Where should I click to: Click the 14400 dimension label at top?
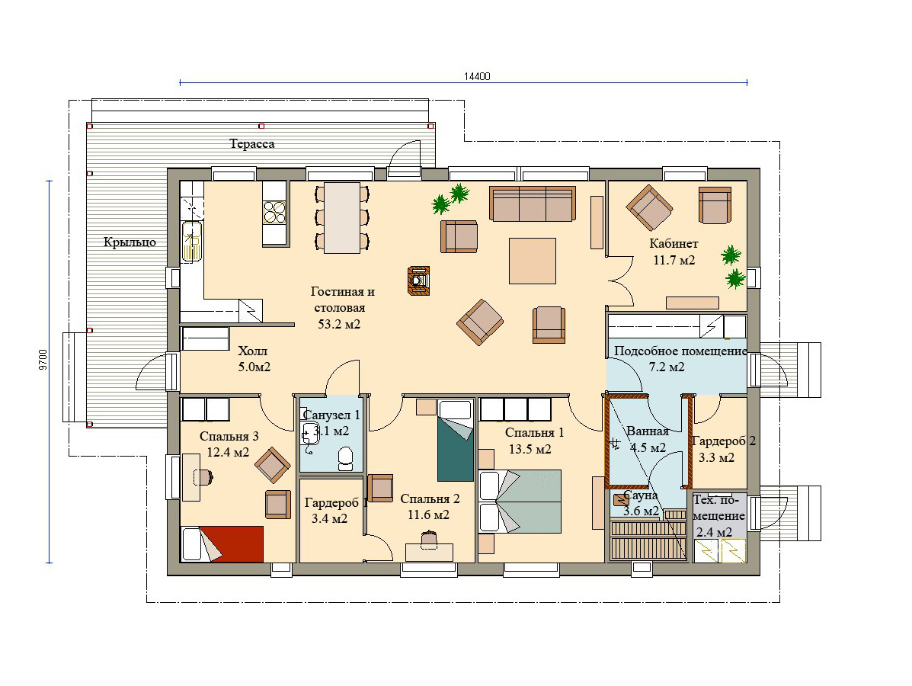pos(477,76)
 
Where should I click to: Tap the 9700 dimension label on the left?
pos(43,361)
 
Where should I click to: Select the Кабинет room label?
pos(674,244)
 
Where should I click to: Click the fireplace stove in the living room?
pos(419,280)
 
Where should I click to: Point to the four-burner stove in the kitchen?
pos(274,212)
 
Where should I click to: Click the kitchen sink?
pos(191,240)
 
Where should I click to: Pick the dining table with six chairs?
pos(342,217)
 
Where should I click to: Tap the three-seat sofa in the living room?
pos(533,204)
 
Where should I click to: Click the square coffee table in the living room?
pos(533,261)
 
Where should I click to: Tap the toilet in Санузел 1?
pos(345,459)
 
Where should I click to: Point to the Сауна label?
pos(640,495)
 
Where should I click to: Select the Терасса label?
pos(252,144)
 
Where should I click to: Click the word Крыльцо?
pos(130,242)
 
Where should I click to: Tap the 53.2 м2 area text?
pos(339,324)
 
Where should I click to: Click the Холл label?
pos(253,351)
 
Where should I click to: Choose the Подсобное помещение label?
pos(680,351)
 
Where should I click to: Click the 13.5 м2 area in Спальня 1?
pos(530,449)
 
